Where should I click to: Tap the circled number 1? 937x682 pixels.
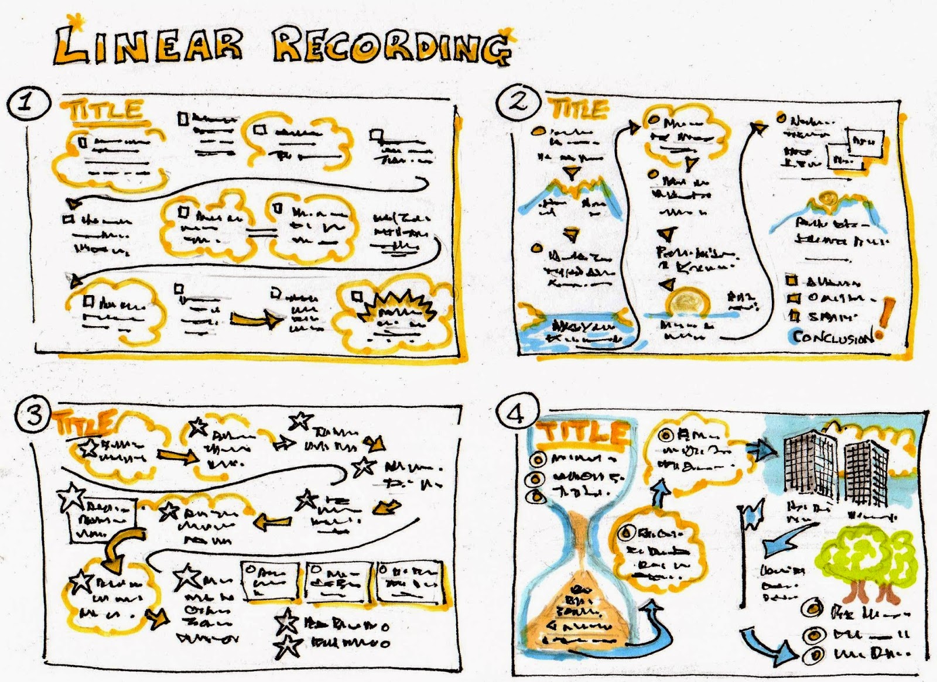(x=26, y=104)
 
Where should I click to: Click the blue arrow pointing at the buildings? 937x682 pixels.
(x=761, y=449)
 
